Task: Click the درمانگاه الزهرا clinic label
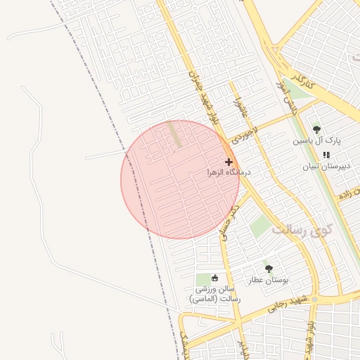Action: coord(229,172)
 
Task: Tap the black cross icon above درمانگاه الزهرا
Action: coord(229,162)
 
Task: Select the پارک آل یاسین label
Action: coord(316,141)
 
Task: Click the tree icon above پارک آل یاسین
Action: coord(316,129)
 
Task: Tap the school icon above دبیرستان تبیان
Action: coord(326,155)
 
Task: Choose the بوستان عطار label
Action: coord(267,280)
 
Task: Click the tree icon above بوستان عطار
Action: coord(268,269)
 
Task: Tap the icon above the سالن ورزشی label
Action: coord(215,278)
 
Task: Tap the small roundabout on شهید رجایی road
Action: coord(315,300)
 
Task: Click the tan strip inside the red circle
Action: coord(174,134)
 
